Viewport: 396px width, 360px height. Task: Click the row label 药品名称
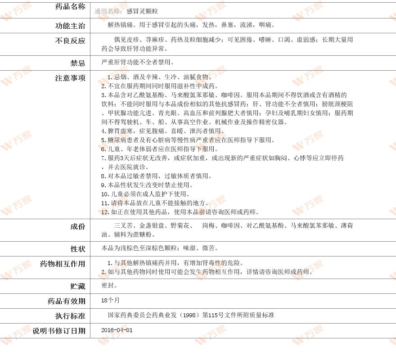click(x=70, y=7)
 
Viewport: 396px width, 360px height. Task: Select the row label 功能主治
click(x=70, y=25)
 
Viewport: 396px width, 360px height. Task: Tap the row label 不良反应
click(x=70, y=40)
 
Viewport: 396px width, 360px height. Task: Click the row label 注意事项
click(x=70, y=78)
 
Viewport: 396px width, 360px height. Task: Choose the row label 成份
click(x=77, y=226)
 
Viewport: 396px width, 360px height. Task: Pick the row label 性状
click(x=77, y=249)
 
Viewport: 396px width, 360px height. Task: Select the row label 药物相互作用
click(x=63, y=264)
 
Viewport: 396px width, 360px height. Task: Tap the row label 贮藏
click(x=77, y=286)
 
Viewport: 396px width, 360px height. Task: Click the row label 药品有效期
click(x=66, y=301)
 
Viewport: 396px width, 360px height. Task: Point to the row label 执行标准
click(x=70, y=316)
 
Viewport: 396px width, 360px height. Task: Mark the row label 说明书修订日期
click(x=58, y=331)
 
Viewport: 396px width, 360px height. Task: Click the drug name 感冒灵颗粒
click(x=142, y=10)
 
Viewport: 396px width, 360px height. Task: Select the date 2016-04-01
click(x=117, y=330)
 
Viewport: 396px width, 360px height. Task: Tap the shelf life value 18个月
click(x=111, y=300)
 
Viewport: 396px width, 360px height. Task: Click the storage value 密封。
click(x=109, y=285)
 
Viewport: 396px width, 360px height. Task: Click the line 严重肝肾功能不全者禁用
click(x=138, y=62)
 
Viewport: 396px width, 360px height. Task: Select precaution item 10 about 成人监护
click(x=144, y=194)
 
